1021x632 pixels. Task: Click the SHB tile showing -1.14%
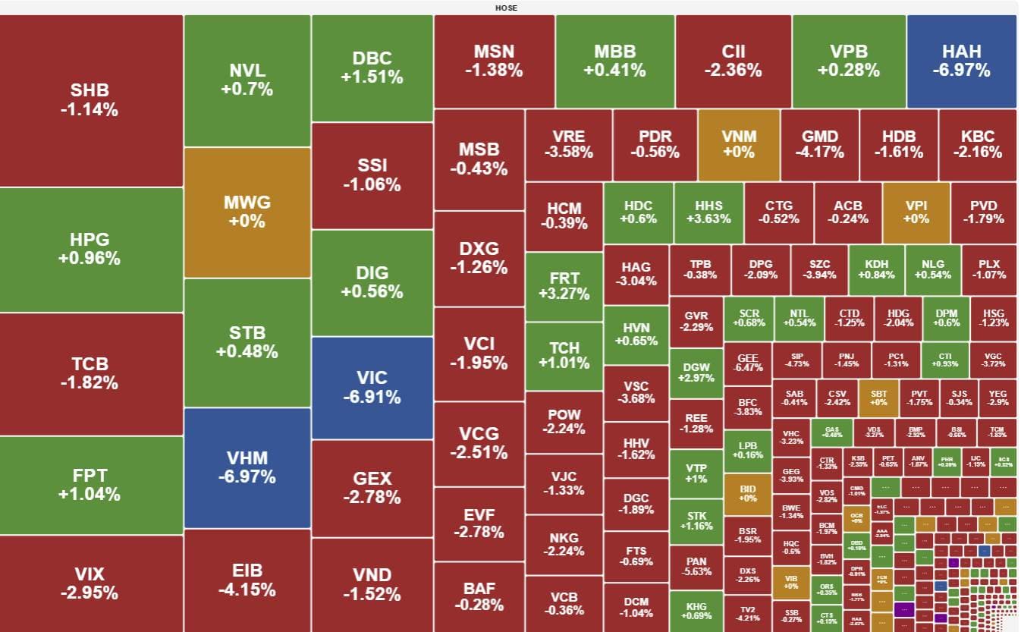tap(90, 100)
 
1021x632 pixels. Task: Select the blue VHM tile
tap(247, 467)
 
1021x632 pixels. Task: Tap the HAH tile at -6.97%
tap(961, 61)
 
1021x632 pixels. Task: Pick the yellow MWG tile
tap(247, 212)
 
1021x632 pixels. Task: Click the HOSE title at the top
tap(506, 8)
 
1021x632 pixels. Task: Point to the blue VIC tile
tap(372, 387)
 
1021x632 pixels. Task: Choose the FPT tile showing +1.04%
tap(90, 485)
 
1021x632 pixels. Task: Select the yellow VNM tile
tap(738, 144)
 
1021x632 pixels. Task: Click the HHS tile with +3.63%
tap(708, 212)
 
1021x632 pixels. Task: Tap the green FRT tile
tap(564, 285)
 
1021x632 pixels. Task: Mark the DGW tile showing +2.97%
tap(696, 372)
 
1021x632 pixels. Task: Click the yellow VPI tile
tap(916, 212)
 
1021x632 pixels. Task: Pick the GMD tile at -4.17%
tap(819, 144)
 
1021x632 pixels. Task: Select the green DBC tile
tap(372, 68)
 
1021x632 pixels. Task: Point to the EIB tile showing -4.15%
tap(247, 580)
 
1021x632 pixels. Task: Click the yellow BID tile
tap(747, 492)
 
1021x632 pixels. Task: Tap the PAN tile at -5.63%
tap(696, 567)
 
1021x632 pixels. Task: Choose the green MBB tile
tap(614, 61)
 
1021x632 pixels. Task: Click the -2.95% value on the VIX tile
tap(90, 593)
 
